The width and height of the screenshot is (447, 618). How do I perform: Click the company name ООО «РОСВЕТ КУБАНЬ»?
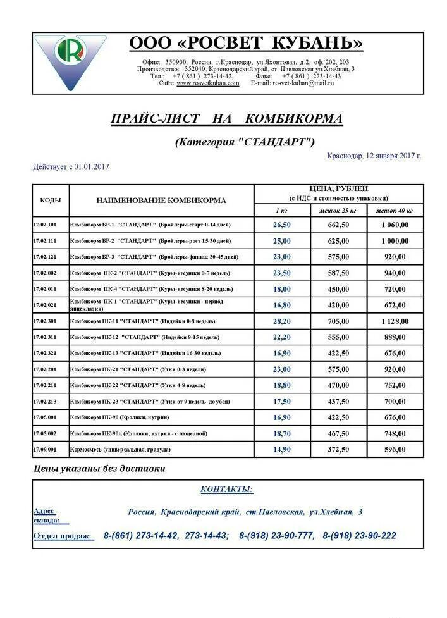pyautogui.click(x=246, y=43)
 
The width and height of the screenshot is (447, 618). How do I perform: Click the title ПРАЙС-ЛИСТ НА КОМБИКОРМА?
pyautogui.click(x=226, y=119)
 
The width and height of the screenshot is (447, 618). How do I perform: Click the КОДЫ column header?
pyautogui.click(x=51, y=200)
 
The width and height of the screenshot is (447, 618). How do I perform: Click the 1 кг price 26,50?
pyautogui.click(x=282, y=225)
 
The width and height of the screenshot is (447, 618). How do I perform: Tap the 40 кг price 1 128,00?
pyautogui.click(x=395, y=321)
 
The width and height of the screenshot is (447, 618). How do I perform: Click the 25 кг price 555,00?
pyautogui.click(x=338, y=337)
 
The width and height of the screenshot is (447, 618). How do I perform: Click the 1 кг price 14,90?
pyautogui.click(x=282, y=450)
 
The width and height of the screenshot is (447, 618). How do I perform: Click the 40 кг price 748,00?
pyautogui.click(x=395, y=433)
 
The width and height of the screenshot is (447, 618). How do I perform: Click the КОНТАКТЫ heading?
pyautogui.click(x=226, y=490)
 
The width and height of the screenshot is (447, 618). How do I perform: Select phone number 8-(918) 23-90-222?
pyautogui.click(x=359, y=536)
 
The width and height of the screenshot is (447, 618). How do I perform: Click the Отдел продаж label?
pyautogui.click(x=63, y=536)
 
